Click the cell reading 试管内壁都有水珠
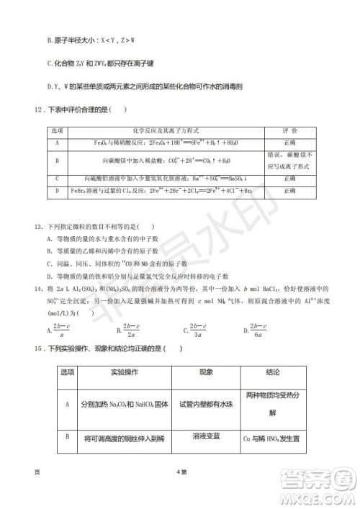point(206,405)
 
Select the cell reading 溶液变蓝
point(206,436)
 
